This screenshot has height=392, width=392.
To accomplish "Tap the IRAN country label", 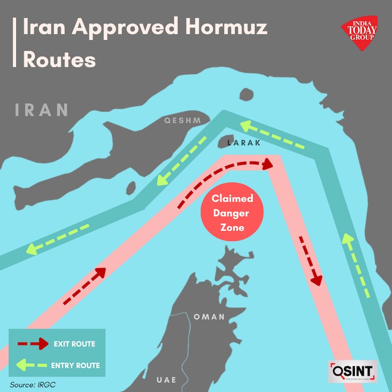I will tap(42, 110).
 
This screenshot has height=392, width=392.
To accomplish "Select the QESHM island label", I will tap(182, 121).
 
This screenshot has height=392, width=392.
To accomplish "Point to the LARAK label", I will tap(244, 142).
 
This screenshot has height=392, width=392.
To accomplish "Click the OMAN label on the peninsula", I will tap(209, 317).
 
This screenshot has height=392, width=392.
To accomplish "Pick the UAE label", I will tap(167, 379).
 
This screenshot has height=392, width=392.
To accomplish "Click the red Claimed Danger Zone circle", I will tap(233, 213).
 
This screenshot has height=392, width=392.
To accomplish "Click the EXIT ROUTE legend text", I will tap(74, 344).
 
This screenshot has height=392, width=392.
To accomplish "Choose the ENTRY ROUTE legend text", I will tap(75, 365).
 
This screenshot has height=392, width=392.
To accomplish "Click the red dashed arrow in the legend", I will tap(31, 344).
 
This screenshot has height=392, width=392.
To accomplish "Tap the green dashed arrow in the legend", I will tap(31, 365).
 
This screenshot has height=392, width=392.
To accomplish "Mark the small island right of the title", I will tap(247, 94).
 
